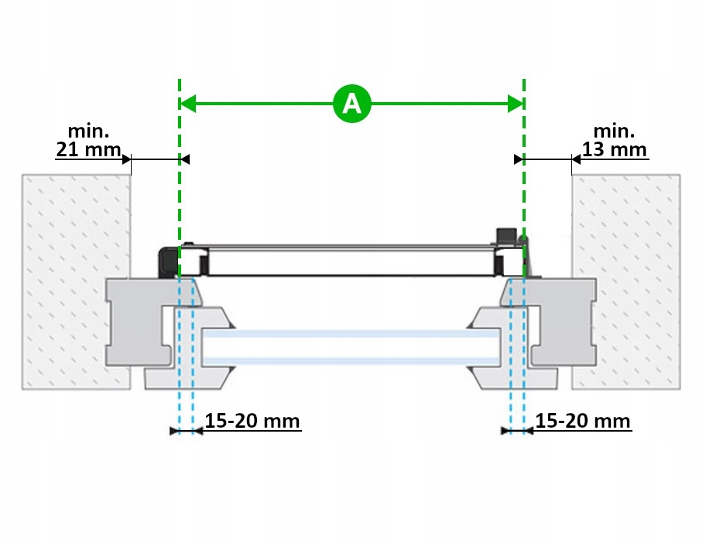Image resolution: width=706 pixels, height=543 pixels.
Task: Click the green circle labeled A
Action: pyautogui.click(x=352, y=103)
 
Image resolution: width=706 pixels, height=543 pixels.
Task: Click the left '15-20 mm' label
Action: pyautogui.click(x=252, y=422)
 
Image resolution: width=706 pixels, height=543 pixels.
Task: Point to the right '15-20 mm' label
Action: pyautogui.click(x=582, y=422)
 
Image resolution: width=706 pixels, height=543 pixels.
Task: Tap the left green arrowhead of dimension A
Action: pyautogui.click(x=187, y=103)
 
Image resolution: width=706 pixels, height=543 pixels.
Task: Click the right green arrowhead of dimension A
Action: pyautogui.click(x=516, y=103)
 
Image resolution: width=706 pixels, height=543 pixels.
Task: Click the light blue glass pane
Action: pyautogui.click(x=352, y=347)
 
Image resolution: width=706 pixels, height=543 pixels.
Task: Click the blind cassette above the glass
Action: pyautogui.click(x=352, y=261)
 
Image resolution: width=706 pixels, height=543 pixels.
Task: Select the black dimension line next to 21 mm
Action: pyautogui.click(x=155, y=159)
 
